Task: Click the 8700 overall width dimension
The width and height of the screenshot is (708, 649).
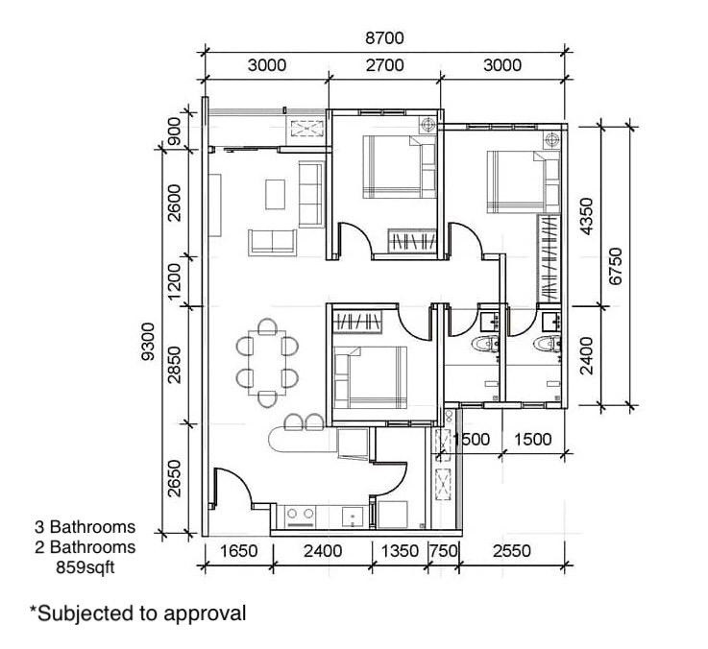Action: point(384,38)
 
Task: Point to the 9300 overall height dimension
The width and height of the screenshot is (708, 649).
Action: point(147,342)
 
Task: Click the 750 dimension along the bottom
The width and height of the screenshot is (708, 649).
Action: point(443,552)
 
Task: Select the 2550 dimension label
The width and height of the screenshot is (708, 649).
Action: point(510,552)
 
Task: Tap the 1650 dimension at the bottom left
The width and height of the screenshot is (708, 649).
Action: point(239,552)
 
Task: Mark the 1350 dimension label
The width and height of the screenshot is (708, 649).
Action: point(400,552)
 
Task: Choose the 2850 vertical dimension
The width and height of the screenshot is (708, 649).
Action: point(174,363)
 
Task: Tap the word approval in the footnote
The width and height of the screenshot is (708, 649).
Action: point(208,613)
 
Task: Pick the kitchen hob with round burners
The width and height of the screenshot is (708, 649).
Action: point(300,516)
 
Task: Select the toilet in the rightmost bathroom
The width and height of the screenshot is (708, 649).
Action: point(546,344)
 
